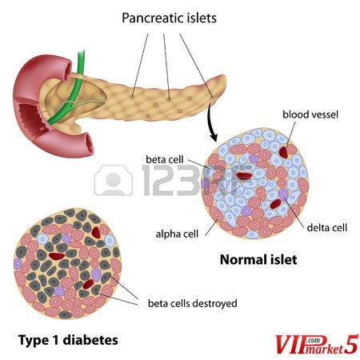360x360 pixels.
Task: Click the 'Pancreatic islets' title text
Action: coord(169,18)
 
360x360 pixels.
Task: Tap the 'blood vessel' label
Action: coord(310,114)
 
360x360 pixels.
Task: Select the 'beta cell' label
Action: coord(165,159)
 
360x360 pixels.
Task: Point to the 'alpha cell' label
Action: coord(177,234)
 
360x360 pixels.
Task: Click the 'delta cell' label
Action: coord(327,227)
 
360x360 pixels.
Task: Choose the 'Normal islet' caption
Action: coord(258,259)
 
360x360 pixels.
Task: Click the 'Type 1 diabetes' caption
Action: coord(68,340)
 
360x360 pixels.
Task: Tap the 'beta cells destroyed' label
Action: coord(193,303)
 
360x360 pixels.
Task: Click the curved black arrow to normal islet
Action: coord(211,122)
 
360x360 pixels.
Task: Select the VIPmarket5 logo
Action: coord(316,345)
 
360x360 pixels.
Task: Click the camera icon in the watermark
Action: coord(114,180)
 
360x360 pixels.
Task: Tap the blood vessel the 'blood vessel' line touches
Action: coord(283,152)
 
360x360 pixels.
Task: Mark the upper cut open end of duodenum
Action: coord(66,71)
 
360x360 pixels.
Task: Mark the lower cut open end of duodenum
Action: coord(88,143)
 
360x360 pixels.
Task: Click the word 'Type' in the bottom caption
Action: coord(34,341)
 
